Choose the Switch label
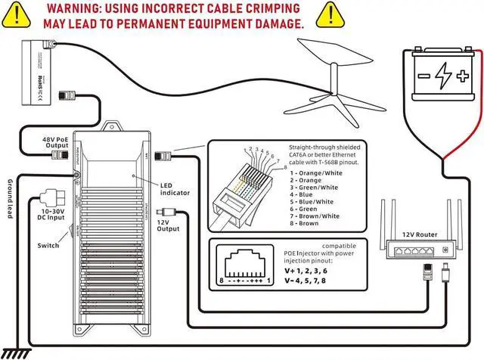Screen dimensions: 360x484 pyautogui.click(x=48, y=246)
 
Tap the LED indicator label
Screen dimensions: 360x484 pyautogui.click(x=175, y=189)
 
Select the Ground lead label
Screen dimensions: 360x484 pyautogui.click(x=10, y=200)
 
